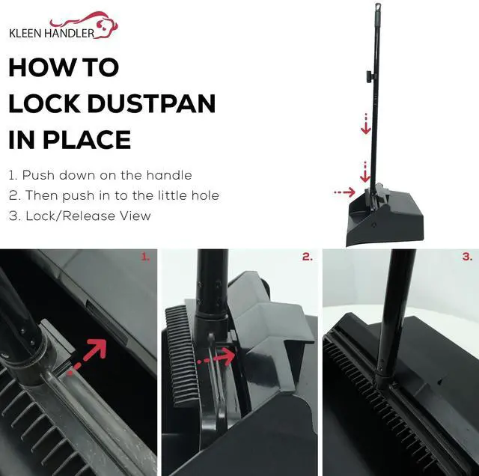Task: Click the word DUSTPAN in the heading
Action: point(152,103)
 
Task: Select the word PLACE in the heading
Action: point(87,140)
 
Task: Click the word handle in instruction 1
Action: point(169,175)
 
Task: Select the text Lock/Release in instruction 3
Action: point(71,216)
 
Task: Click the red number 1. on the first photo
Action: point(145,257)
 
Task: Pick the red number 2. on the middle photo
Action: point(308,257)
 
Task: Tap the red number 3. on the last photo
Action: point(467,257)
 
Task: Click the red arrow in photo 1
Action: point(87,356)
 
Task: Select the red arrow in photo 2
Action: point(216,357)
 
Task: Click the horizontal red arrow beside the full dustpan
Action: point(344,192)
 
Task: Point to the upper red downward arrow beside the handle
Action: point(366,123)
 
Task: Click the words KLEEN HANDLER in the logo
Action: point(52,33)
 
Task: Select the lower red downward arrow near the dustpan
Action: point(365,173)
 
